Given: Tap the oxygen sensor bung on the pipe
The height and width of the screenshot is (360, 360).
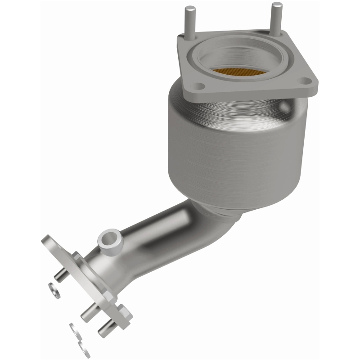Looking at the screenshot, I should [109, 240].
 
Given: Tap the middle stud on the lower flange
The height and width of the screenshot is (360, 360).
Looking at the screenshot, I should [89, 314].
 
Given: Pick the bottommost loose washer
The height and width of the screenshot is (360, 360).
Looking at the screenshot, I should [83, 349].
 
